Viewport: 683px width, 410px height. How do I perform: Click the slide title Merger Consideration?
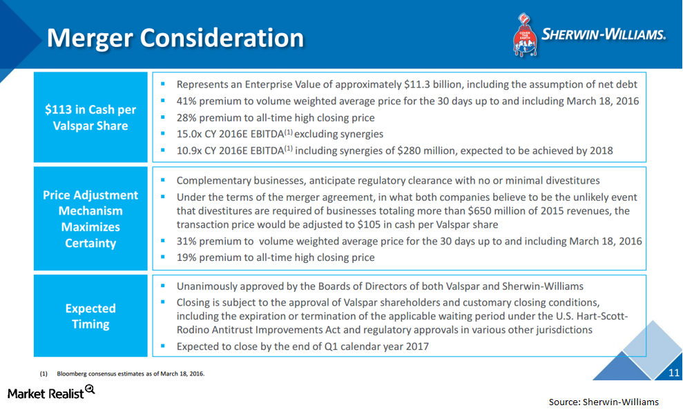(175, 37)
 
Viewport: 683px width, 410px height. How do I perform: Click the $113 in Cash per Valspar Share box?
(90, 117)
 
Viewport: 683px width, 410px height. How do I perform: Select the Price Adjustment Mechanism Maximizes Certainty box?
(90, 219)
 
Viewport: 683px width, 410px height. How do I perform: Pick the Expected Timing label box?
(90, 316)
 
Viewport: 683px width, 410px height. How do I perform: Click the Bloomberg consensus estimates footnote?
(131, 373)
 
